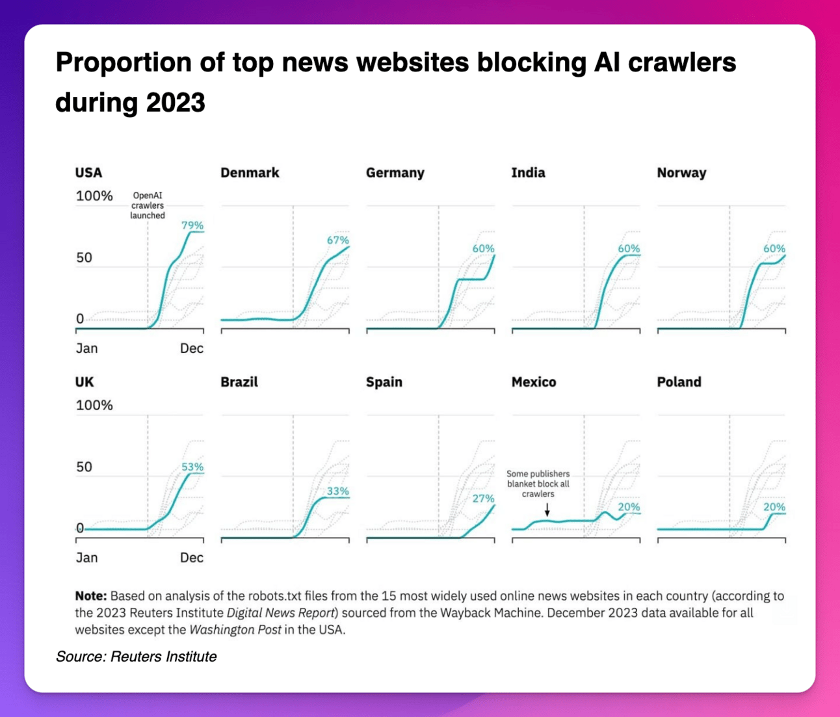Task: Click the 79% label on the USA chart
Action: coord(192,226)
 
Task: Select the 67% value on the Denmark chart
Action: coord(338,241)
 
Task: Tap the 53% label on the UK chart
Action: coord(192,467)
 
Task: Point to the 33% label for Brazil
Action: coord(338,491)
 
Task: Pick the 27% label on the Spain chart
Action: coord(483,499)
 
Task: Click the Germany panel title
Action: coord(395,173)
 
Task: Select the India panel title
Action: coord(528,173)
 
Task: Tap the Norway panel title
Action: coord(681,173)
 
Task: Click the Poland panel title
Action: coord(679,382)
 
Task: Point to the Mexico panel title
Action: coord(534,382)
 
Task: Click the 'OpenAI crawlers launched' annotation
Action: coord(148,205)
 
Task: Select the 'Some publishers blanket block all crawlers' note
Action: coord(538,484)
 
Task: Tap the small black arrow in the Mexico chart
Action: coord(547,510)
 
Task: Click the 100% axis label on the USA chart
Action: coord(94,196)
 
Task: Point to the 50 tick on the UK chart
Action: coord(85,467)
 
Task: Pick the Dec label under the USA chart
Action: coord(192,348)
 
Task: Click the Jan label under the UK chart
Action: coord(87,558)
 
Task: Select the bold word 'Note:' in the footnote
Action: coord(90,596)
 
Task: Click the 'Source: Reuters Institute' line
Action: coord(137,657)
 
